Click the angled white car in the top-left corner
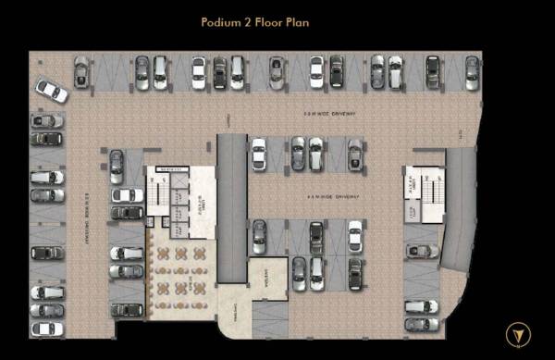[x=52, y=91]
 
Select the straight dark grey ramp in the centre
[x=231, y=204]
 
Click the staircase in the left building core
[x=155, y=196]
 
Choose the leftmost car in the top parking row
[x=80, y=72]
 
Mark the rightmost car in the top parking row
[x=472, y=72]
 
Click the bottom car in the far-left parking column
[x=46, y=328]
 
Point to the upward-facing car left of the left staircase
[x=117, y=167]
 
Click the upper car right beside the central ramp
[x=259, y=154]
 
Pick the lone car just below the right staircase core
[x=421, y=250]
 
